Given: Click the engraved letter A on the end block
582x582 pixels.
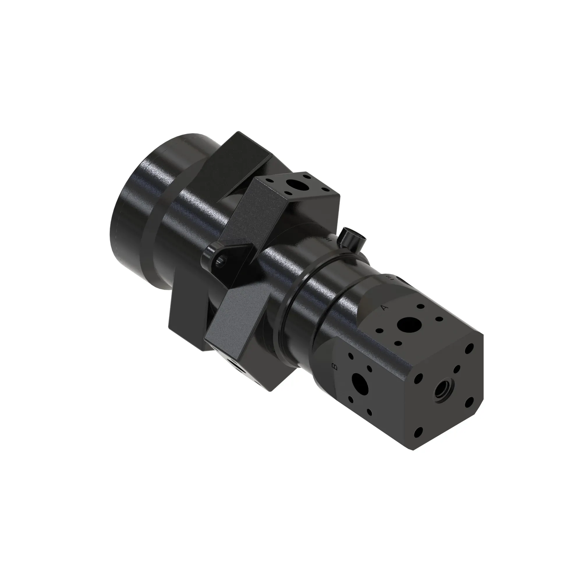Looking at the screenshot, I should pos(384,308).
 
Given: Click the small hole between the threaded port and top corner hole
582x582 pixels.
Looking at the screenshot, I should pos(457,369).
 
